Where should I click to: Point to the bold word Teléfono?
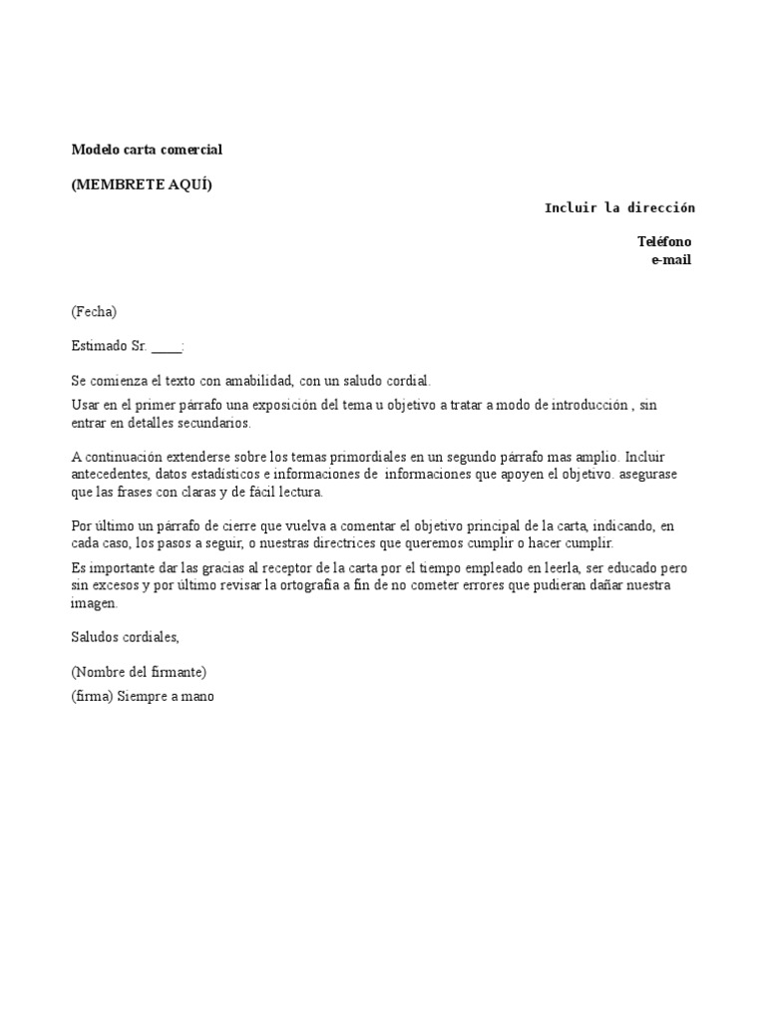point(664,241)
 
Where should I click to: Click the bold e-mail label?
point(670,260)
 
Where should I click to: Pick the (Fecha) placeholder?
point(94,312)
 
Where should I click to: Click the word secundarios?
point(217,423)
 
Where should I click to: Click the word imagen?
point(94,603)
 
